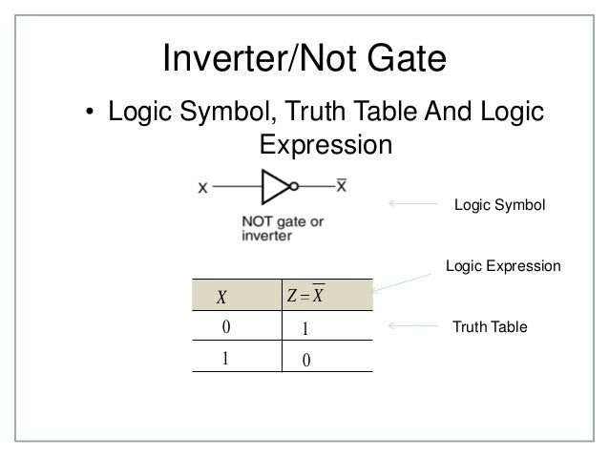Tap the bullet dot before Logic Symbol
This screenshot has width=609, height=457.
(x=90, y=116)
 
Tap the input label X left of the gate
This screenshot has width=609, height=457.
(x=202, y=187)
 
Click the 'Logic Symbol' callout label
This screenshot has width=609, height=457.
(x=498, y=204)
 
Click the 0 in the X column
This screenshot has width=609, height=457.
(x=226, y=327)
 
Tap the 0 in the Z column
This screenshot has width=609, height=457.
(x=304, y=359)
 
